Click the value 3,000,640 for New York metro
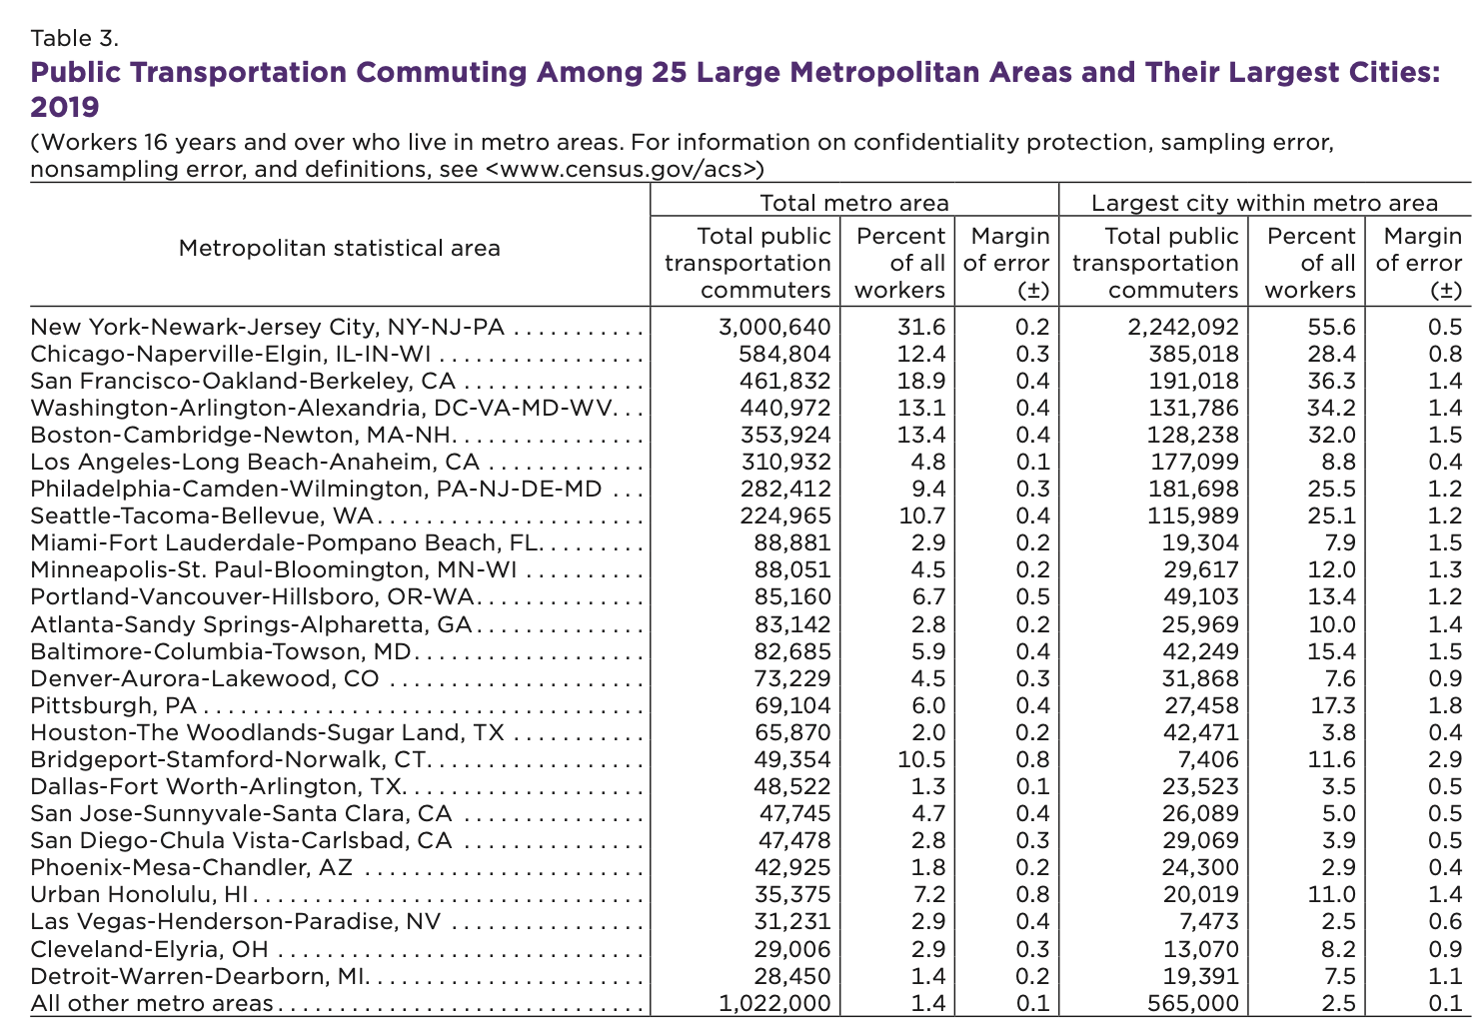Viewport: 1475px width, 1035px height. (774, 328)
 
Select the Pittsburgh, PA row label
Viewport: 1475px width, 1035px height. (113, 705)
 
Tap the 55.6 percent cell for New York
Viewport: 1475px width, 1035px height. (1331, 328)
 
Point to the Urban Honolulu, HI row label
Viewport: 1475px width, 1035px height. (139, 895)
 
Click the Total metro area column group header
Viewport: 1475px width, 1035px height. (854, 203)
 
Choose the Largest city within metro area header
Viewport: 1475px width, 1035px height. (1264, 203)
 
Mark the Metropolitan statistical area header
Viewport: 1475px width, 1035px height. (339, 248)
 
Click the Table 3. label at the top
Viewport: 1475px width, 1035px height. (74, 38)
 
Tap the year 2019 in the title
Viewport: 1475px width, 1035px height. (65, 107)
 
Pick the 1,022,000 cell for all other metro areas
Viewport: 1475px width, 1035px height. (774, 1003)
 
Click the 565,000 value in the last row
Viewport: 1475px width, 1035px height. (1192, 1003)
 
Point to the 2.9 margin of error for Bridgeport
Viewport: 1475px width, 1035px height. (1445, 760)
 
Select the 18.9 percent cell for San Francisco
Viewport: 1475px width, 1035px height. (921, 382)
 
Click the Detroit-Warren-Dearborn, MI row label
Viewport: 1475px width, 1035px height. (198, 976)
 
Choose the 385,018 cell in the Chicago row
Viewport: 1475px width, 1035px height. (1193, 355)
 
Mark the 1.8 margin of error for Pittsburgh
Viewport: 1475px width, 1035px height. (1445, 705)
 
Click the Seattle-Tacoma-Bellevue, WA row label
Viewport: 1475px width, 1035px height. (202, 517)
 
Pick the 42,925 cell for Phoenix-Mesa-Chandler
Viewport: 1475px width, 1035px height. (792, 868)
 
